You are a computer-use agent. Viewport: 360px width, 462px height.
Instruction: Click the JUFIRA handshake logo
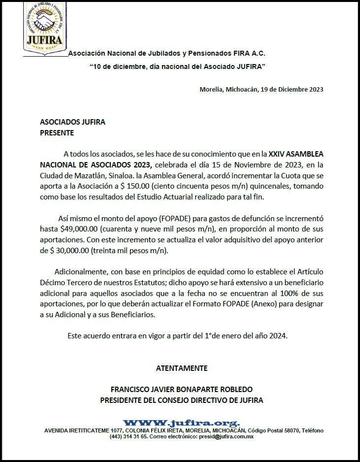click(x=45, y=29)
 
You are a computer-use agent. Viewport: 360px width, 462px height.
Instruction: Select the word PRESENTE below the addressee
click(x=57, y=132)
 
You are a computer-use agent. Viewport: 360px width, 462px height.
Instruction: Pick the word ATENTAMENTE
click(x=182, y=368)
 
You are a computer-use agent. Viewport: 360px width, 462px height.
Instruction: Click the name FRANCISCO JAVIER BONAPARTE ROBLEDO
click(x=182, y=390)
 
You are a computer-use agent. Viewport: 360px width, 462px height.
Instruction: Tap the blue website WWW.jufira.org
click(x=181, y=423)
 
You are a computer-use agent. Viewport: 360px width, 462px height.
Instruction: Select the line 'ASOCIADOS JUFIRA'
click(x=72, y=122)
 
